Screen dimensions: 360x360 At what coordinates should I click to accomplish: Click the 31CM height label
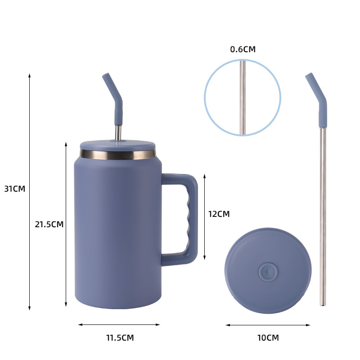[14, 189]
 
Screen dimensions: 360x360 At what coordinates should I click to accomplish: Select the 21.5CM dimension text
[49, 224]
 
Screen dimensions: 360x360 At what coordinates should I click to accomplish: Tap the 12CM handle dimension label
[219, 214]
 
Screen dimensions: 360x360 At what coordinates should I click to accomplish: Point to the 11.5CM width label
[120, 337]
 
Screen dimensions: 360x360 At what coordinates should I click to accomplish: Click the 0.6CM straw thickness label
[243, 49]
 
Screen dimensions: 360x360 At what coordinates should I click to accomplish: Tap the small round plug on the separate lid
[267, 272]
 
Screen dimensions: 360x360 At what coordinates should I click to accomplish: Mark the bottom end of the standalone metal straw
[323, 304]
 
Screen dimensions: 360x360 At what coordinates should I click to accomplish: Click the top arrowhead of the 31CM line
[30, 75]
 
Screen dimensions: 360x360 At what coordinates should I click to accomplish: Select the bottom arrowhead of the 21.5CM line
[66, 305]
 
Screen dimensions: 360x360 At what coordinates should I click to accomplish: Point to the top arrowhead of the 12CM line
[205, 176]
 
